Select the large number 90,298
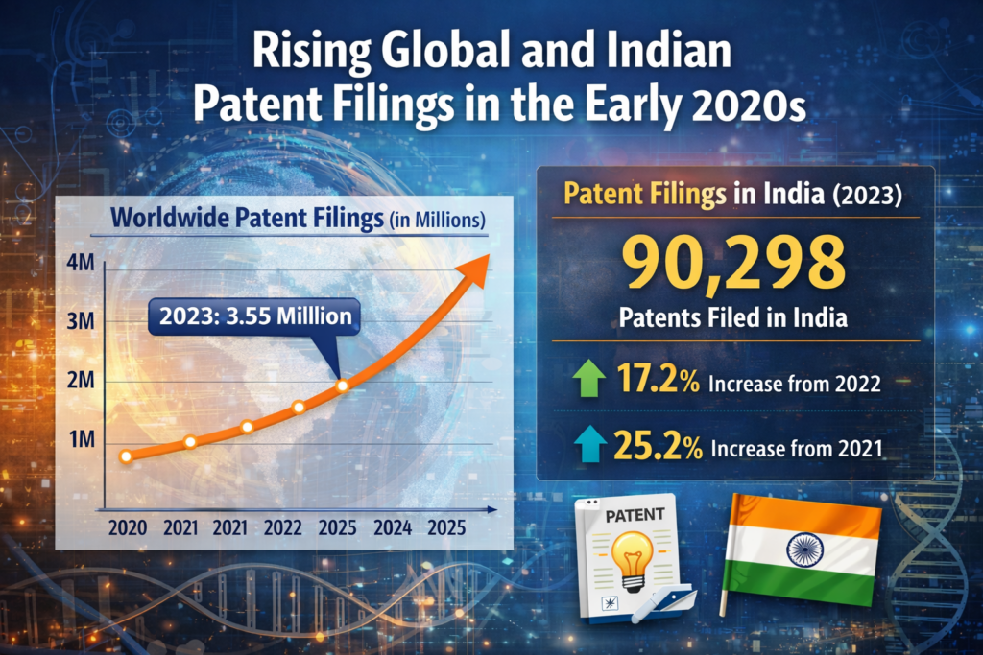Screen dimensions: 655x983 (735, 266)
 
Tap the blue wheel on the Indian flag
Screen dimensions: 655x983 (802, 549)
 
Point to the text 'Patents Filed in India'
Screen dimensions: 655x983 (735, 317)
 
